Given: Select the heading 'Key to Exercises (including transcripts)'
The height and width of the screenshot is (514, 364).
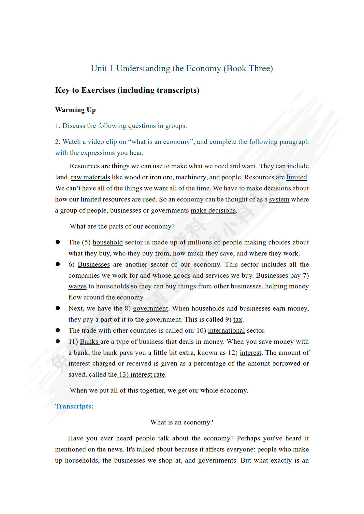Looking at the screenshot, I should [127, 90].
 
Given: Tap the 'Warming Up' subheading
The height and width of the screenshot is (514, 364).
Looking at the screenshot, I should [75, 110].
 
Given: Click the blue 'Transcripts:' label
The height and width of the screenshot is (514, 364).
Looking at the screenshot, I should [74, 406].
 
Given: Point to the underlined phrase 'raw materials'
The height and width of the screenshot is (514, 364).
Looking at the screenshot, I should [90, 177].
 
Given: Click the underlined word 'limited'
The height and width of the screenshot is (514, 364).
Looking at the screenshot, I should [297, 177].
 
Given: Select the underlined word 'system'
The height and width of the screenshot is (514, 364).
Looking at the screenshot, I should [279, 199].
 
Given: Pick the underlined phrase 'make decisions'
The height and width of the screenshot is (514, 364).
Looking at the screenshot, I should [213, 210].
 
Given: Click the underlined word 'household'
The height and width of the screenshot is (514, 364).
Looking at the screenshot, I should [108, 242].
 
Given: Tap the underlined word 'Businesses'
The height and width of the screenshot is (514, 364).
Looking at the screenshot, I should [94, 264].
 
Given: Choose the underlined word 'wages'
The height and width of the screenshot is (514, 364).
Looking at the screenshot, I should [78, 286].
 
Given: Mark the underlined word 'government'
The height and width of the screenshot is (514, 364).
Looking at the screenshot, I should [150, 308].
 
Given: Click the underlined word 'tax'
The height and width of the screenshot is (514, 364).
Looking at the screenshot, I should [238, 319].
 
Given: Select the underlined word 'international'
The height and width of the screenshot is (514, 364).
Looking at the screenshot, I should [226, 330].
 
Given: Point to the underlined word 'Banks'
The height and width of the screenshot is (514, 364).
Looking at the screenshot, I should [89, 341].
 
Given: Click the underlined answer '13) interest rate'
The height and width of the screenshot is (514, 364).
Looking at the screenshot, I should [141, 374].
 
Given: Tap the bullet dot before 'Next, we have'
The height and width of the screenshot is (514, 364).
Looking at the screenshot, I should [58, 308].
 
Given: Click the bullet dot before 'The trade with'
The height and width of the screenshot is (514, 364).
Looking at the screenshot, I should [58, 330].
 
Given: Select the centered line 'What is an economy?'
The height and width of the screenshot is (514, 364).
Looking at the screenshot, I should [182, 422].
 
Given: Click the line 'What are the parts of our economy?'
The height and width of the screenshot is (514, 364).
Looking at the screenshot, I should [122, 226].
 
